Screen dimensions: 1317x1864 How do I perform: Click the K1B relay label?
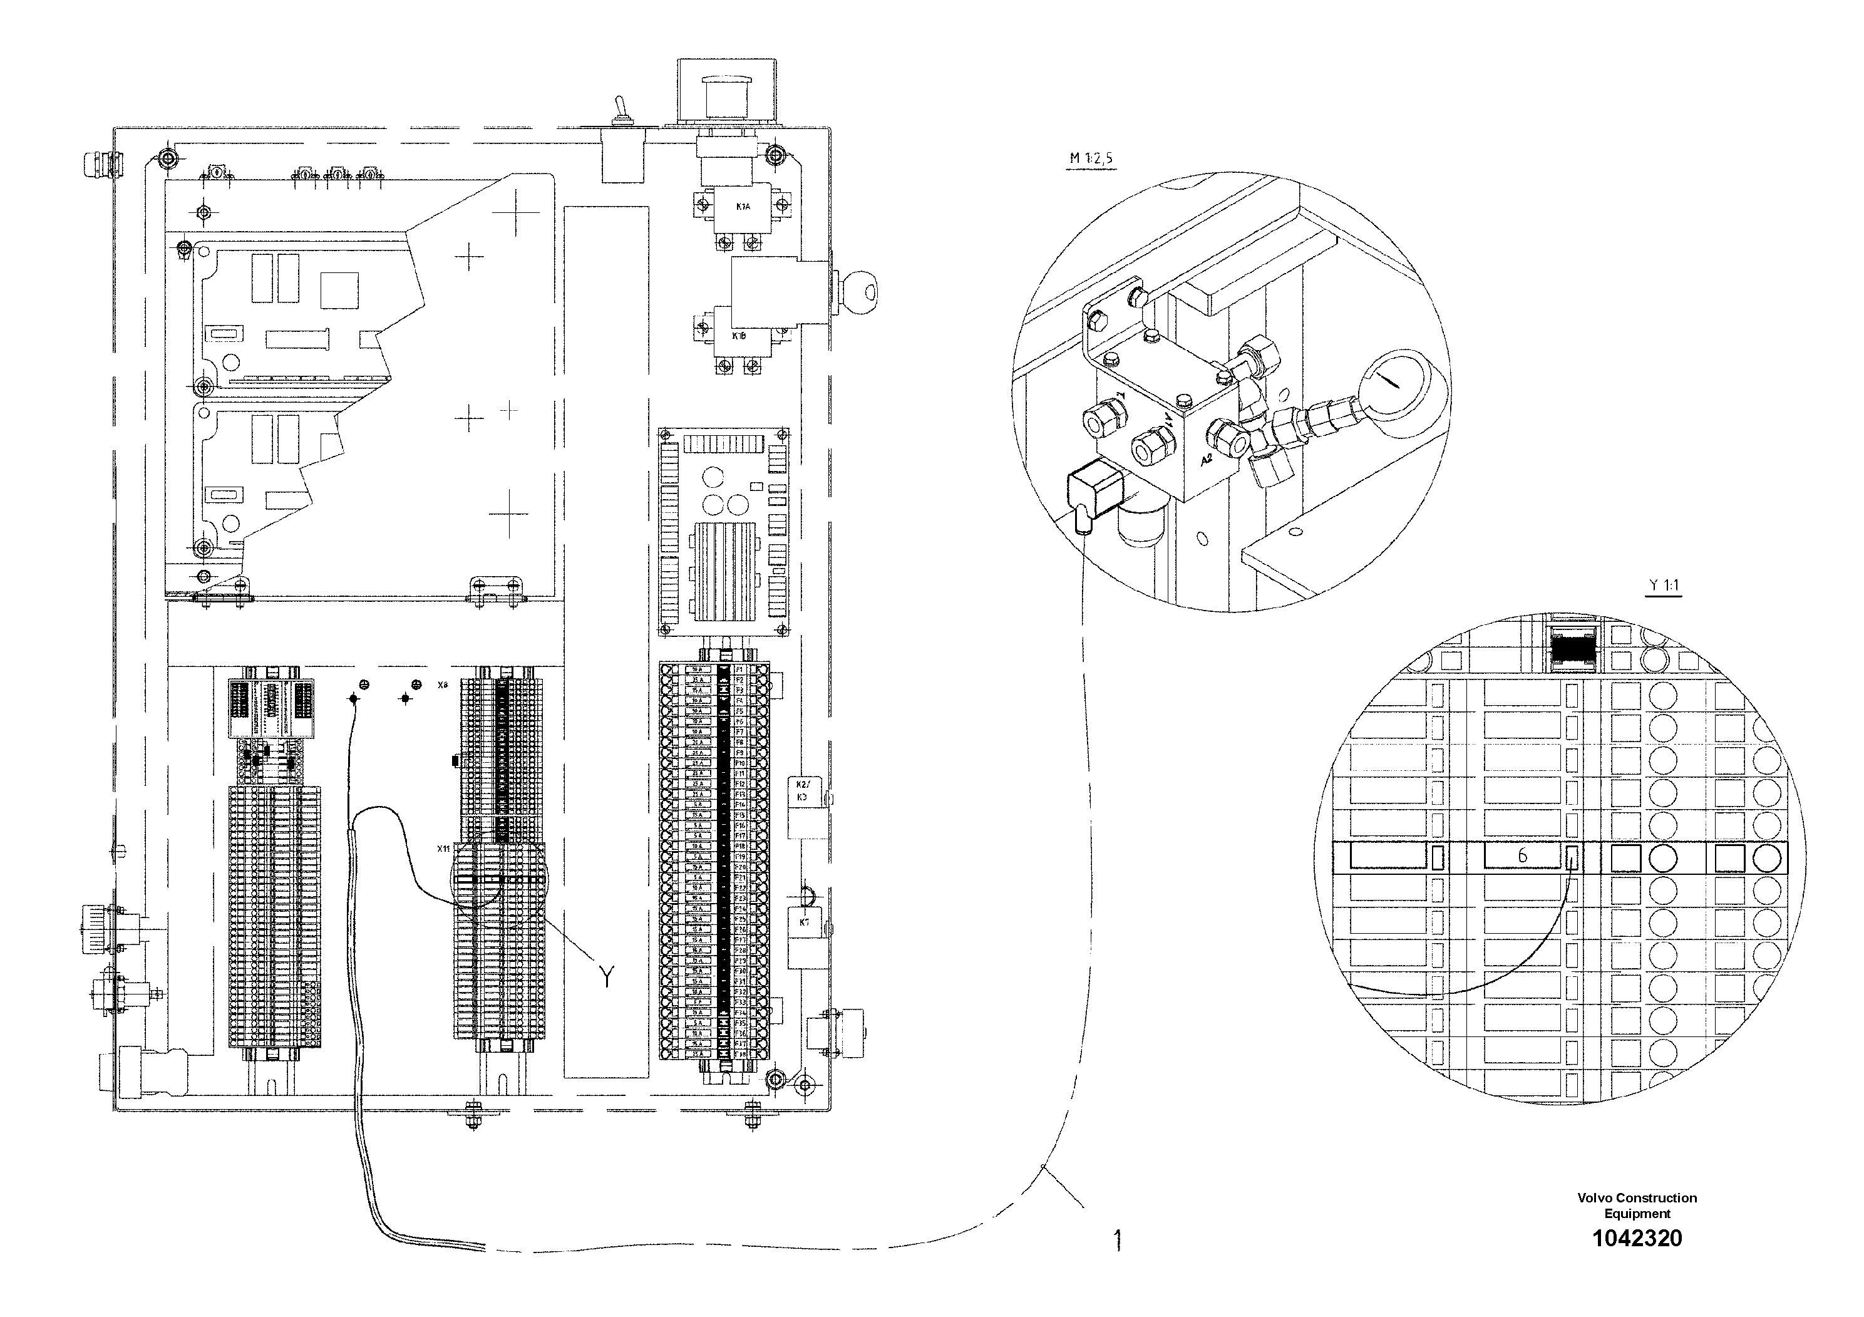(x=739, y=335)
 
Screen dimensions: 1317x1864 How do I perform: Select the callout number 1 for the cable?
(x=1118, y=1240)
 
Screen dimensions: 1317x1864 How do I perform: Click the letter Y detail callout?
(x=607, y=976)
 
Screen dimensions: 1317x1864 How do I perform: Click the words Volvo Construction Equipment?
(x=1637, y=1205)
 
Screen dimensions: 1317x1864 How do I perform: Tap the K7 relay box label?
(x=804, y=922)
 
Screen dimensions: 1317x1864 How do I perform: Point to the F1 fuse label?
(x=739, y=669)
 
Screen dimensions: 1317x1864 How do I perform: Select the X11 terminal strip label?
(x=443, y=849)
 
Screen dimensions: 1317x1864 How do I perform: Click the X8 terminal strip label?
(x=443, y=685)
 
